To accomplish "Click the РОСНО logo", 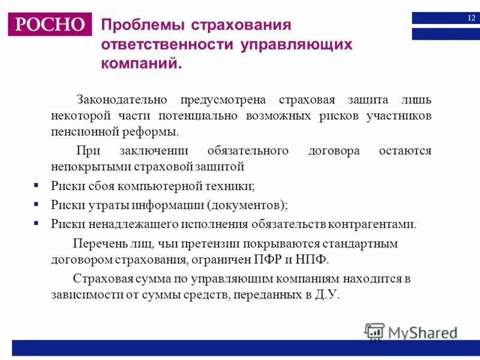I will (x=50, y=25).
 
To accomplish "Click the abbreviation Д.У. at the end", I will (x=326, y=295).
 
